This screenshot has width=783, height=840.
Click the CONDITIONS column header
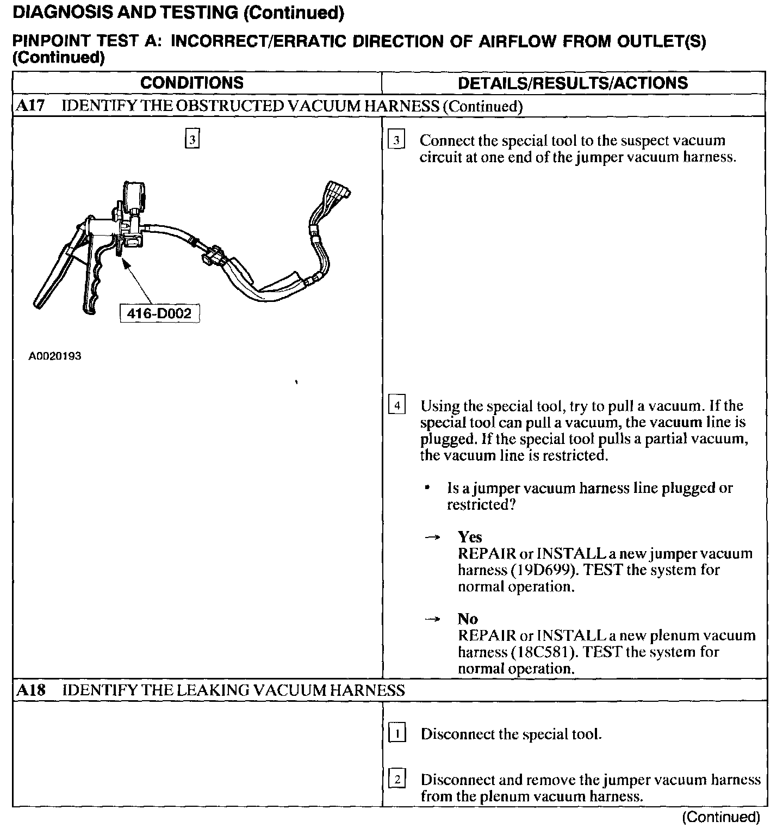pyautogui.click(x=192, y=83)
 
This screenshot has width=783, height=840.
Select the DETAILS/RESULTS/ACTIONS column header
pyautogui.click(x=573, y=83)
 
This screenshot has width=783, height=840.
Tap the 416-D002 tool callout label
pyautogui.click(x=159, y=313)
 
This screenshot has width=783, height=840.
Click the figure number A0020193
pyautogui.click(x=55, y=356)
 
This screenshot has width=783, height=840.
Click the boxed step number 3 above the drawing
pyautogui.click(x=192, y=140)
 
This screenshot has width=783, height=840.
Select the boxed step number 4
pyautogui.click(x=397, y=406)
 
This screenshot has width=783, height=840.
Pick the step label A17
pyautogui.click(x=29, y=106)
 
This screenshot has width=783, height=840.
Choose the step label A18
pyautogui.click(x=30, y=690)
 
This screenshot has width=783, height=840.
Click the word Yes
pyautogui.click(x=470, y=537)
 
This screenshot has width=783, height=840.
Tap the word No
pyautogui.click(x=468, y=619)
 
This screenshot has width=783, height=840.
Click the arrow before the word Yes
pyautogui.click(x=432, y=538)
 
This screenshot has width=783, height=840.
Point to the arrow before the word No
pyautogui.click(x=432, y=619)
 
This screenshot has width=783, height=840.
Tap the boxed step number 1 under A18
pyautogui.click(x=397, y=734)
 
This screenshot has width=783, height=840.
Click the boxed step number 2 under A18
pyautogui.click(x=397, y=780)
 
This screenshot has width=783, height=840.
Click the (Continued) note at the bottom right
pyautogui.click(x=721, y=817)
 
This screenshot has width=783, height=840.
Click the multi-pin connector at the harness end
pyautogui.click(x=337, y=194)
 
